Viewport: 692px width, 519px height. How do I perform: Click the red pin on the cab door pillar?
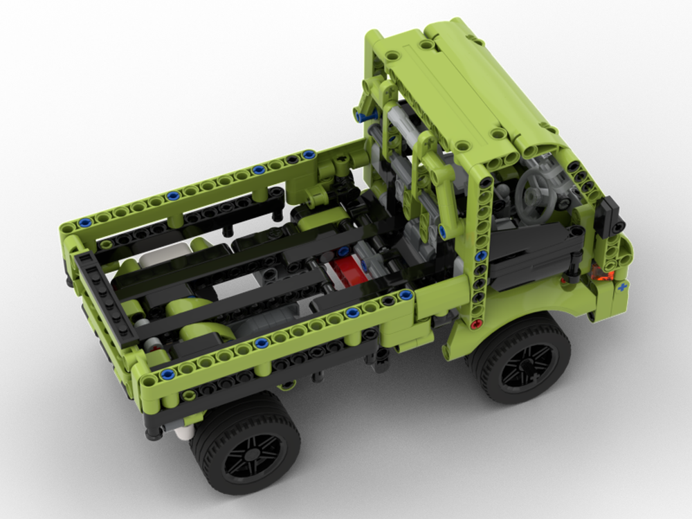tap(475, 324)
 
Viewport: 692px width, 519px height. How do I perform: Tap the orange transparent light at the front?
tap(603, 277)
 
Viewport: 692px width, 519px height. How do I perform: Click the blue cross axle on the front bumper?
tap(622, 286)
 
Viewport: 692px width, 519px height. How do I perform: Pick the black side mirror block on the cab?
tap(613, 215)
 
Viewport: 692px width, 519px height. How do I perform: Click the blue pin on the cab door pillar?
tap(441, 230)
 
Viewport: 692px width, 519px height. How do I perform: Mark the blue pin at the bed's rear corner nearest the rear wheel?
tap(167, 374)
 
